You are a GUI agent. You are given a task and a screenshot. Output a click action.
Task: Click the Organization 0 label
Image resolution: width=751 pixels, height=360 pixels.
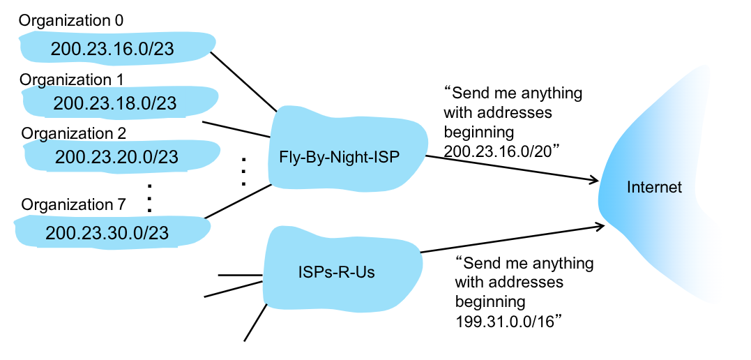pyautogui.click(x=71, y=21)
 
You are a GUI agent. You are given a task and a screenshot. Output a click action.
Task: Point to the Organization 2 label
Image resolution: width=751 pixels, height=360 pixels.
pyautogui.click(x=73, y=133)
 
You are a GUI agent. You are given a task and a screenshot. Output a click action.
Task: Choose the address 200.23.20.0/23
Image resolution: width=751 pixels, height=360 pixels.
pyautogui.click(x=115, y=158)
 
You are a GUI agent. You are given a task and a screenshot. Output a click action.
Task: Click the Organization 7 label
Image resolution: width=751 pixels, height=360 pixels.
pyautogui.click(x=73, y=205)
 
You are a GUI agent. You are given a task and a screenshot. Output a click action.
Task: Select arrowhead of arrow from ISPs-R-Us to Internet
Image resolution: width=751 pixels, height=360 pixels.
pyautogui.click(x=598, y=225)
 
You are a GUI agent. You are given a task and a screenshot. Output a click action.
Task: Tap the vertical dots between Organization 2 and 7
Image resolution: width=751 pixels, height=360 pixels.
pyautogui.click(x=149, y=197)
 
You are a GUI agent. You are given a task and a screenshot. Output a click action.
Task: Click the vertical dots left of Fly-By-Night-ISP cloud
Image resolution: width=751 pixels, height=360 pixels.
pyautogui.click(x=243, y=170)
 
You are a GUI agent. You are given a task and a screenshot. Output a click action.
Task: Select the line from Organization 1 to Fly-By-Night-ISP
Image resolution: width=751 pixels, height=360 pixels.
pyautogui.click(x=237, y=129)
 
